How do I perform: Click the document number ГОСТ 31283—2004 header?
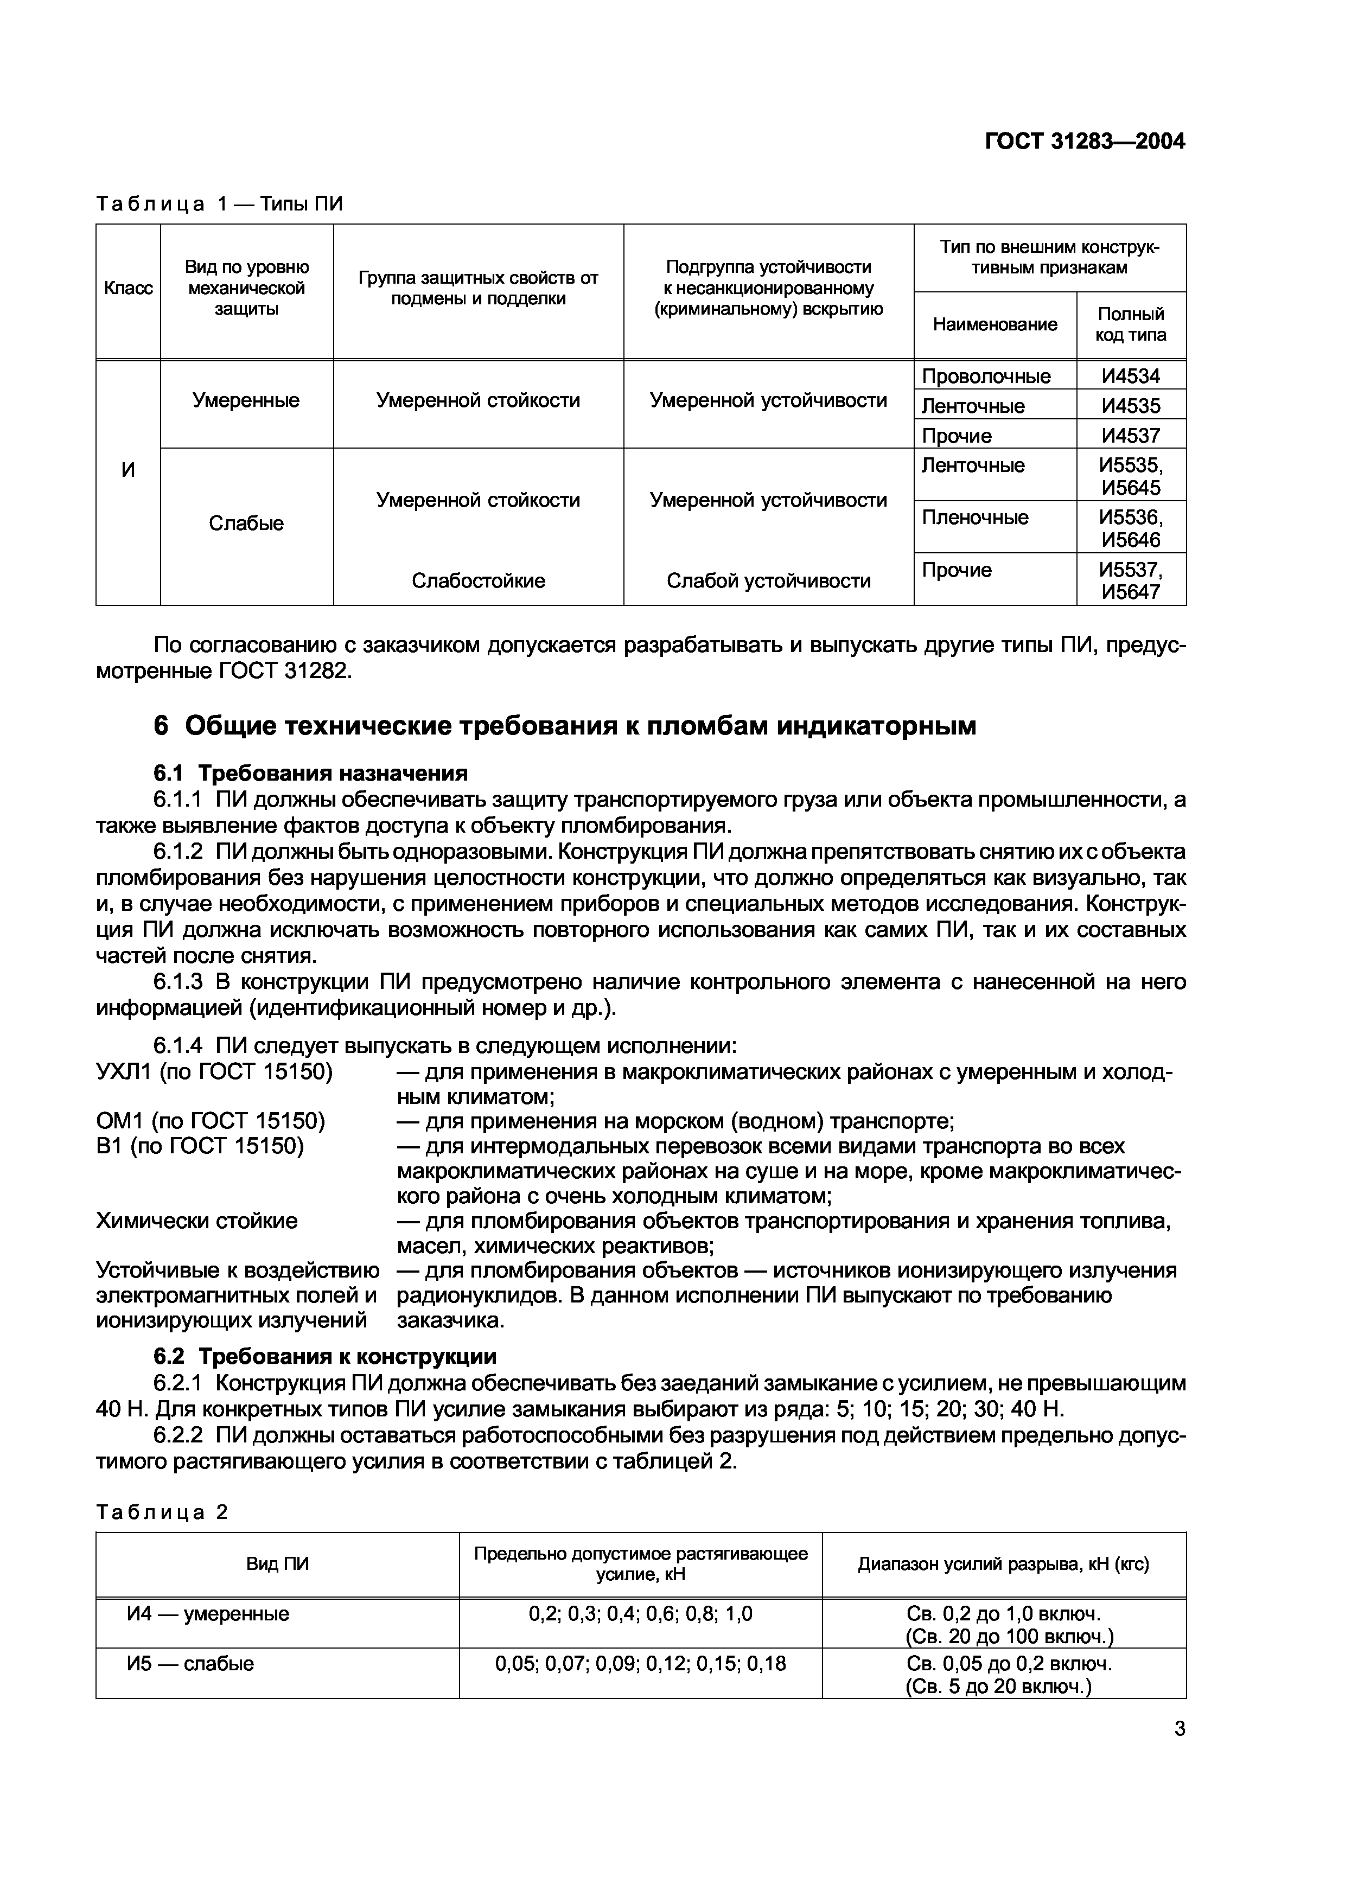(1084, 142)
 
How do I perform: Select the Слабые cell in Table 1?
(246, 524)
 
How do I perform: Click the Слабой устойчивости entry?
(768, 581)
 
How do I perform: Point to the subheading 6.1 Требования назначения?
(311, 774)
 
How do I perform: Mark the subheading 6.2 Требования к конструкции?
(325, 1357)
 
